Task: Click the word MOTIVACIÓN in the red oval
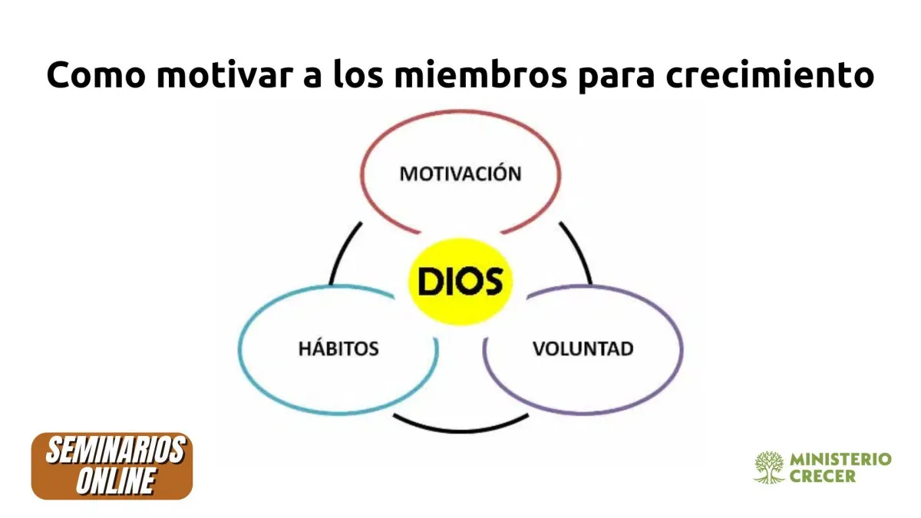pos(460,173)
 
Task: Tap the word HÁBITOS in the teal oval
pos(338,348)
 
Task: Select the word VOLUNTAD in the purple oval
pos(583,348)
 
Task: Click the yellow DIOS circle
pos(460,282)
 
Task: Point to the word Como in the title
pos(96,75)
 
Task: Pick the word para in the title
pos(616,78)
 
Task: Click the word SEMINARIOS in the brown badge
pos(115,450)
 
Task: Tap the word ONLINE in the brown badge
pos(116,480)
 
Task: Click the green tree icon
pos(769,467)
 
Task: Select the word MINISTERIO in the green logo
pos(840,459)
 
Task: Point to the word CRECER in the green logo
pos(822,476)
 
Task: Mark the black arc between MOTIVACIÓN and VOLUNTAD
pos(579,251)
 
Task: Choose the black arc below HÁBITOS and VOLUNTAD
pos(460,431)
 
